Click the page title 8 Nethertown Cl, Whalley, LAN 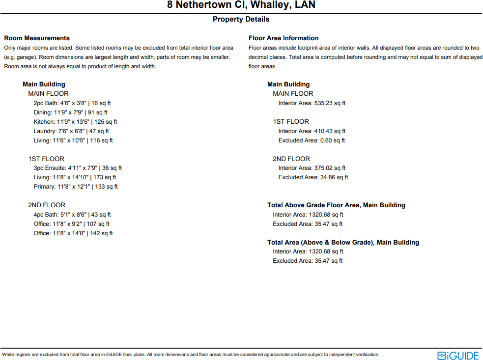[x=241, y=5]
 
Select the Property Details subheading [x=241, y=19]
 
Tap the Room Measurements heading [x=37, y=38]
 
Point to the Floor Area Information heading [x=284, y=38]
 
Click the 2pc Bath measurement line [x=72, y=103]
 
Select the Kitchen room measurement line [x=75, y=122]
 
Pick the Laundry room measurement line [x=71, y=131]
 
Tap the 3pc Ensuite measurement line [x=78, y=168]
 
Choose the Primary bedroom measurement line [x=76, y=187]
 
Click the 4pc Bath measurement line [x=72, y=215]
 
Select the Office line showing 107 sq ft [x=72, y=224]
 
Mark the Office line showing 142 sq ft [x=73, y=233]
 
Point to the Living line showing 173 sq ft [x=75, y=177]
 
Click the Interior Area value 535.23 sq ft [x=312, y=103]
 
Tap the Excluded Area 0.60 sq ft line [x=312, y=140]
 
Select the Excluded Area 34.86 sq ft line [x=313, y=177]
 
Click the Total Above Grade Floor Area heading [x=336, y=205]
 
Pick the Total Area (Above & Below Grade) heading [x=343, y=242]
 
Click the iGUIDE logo [x=458, y=355]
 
